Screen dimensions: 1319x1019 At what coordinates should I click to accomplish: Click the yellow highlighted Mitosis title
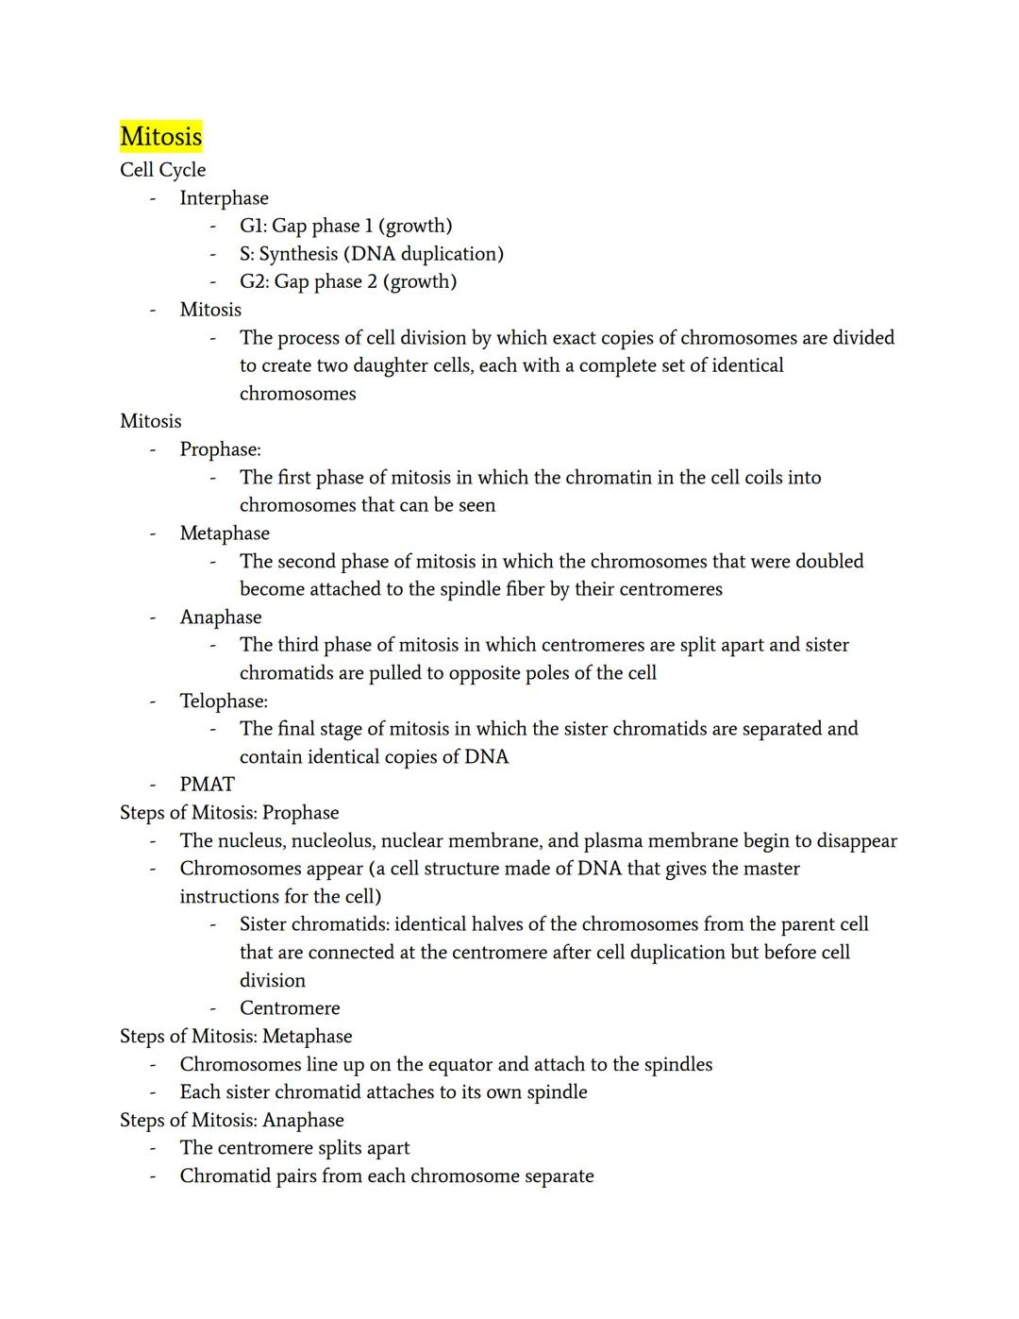[x=160, y=137]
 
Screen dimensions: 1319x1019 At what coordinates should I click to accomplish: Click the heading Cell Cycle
[x=162, y=170]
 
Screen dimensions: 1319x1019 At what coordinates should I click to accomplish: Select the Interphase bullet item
[x=224, y=198]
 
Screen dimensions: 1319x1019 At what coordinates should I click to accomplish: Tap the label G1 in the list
[x=253, y=226]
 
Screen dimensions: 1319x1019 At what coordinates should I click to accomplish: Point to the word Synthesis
[x=298, y=254]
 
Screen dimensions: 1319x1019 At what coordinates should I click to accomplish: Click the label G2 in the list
[x=254, y=281]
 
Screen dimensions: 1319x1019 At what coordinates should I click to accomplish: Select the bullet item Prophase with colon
[x=220, y=449]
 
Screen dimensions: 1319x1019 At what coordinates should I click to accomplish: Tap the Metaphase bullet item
[x=225, y=533]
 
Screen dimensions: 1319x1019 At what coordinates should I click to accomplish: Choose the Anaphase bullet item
[x=221, y=617]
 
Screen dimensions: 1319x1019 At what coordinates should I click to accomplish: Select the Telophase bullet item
[x=224, y=702]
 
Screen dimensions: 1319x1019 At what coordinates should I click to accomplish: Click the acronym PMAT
[x=207, y=785]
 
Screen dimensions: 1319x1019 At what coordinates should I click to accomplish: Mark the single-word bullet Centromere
[x=290, y=1008]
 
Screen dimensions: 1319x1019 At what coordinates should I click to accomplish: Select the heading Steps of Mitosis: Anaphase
[x=231, y=1121]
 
